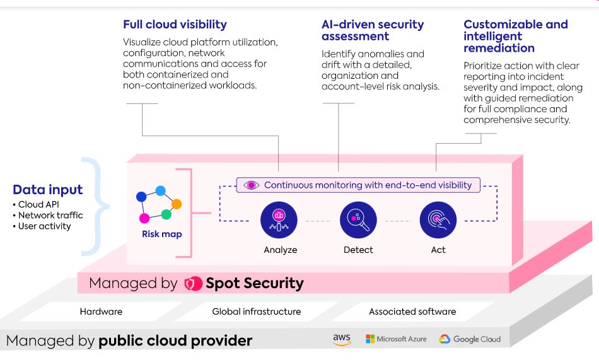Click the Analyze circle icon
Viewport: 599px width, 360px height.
279,220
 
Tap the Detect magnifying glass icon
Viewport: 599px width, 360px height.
358,220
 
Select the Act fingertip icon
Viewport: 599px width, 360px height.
438,220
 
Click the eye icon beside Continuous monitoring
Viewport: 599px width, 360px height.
252,185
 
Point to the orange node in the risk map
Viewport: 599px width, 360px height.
177,204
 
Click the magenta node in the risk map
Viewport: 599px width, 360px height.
144,218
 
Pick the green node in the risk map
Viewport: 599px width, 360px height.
166,214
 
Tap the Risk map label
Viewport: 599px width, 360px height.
162,234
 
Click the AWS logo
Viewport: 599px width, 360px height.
342,339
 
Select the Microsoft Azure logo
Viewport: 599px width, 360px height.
396,339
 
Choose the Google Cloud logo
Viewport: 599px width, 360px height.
470,339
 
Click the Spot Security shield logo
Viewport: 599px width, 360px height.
193,284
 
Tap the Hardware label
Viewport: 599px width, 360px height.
102,311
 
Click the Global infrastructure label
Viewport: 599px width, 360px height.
257,311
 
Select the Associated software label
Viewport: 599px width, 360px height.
412,311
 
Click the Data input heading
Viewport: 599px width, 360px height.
48,190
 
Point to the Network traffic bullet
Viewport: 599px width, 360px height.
48,215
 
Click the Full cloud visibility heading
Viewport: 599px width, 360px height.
175,25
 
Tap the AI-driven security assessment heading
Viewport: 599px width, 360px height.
373,30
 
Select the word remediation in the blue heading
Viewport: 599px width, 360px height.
499,48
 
